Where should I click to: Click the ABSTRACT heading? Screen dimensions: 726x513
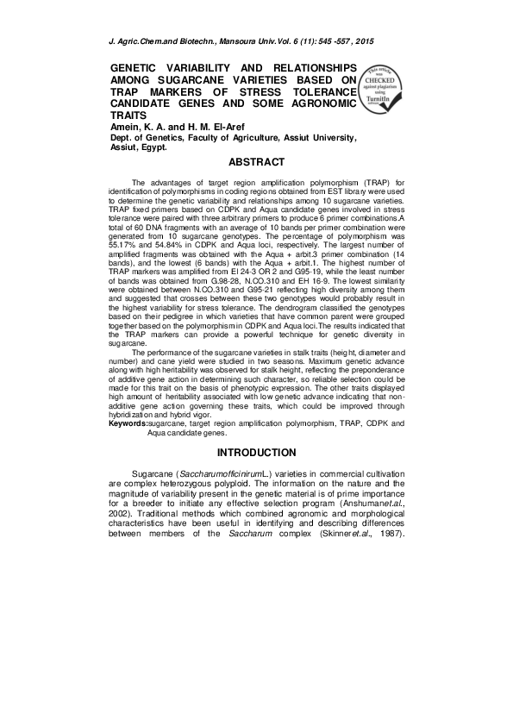click(256, 162)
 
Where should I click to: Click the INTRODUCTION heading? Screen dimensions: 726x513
click(256, 453)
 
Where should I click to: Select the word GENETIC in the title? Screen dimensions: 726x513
click(141, 67)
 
